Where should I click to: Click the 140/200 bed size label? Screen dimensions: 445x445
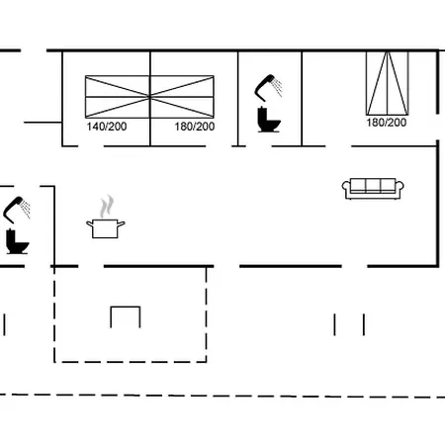(x=107, y=127)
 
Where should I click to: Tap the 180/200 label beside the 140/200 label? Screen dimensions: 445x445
(x=195, y=127)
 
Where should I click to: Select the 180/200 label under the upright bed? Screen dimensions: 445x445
(x=387, y=123)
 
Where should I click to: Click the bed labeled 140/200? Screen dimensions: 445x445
(x=118, y=97)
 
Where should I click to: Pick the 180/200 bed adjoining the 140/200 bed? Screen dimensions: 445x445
(x=182, y=97)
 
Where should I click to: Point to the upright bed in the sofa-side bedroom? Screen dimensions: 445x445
(x=388, y=83)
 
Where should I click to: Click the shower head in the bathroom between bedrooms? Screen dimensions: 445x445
(x=265, y=88)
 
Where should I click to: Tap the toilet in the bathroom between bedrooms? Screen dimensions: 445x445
(x=269, y=120)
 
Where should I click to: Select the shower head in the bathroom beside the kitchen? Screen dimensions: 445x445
(x=14, y=210)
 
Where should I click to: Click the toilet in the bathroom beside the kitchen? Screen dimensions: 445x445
(x=17, y=241)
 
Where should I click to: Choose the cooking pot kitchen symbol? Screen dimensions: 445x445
(x=106, y=217)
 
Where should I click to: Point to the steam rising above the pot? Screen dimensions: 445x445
(x=107, y=207)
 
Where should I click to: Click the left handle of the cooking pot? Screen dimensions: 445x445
(x=90, y=224)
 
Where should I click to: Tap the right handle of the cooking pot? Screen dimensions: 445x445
(x=121, y=224)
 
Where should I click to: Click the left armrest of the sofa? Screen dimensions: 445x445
(x=346, y=187)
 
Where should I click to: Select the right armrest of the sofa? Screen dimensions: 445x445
(x=400, y=187)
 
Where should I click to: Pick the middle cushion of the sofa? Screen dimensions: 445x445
(x=373, y=185)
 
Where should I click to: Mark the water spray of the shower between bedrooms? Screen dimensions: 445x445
(x=278, y=87)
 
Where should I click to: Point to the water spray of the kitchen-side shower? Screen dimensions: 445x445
(x=27, y=210)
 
